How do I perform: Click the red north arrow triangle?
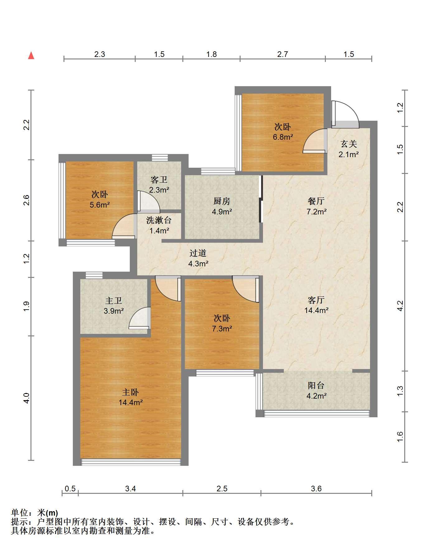pyautogui.click(x=31, y=56)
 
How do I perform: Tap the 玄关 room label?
pyautogui.click(x=349, y=144)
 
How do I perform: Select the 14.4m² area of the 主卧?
pyautogui.click(x=131, y=402)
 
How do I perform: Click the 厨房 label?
pyautogui.click(x=222, y=201)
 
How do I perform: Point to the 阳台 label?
pyautogui.click(x=316, y=386)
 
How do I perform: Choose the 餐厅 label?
pyautogui.click(x=316, y=201)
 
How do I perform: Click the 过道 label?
pyautogui.click(x=198, y=253)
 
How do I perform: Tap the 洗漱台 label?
pyautogui.click(x=159, y=220)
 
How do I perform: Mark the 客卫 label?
pyautogui.click(x=159, y=180)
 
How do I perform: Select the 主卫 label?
pyautogui.click(x=114, y=301)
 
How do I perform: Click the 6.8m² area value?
pyautogui.click(x=283, y=137)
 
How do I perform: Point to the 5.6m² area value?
pyautogui.click(x=100, y=204)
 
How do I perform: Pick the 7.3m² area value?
pyautogui.click(x=222, y=328)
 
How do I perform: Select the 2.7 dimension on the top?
pyautogui.click(x=283, y=54)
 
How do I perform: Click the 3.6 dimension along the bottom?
pyautogui.click(x=316, y=489)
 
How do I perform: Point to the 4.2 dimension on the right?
pyautogui.click(x=400, y=306)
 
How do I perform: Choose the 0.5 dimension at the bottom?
pyautogui.click(x=70, y=489)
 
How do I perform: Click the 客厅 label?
pyautogui.click(x=316, y=300)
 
